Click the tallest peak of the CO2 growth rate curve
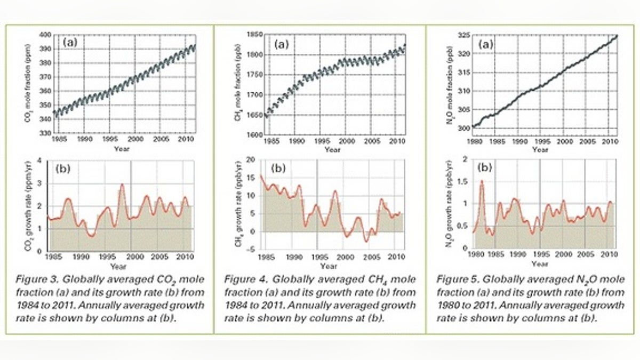tap(122, 185)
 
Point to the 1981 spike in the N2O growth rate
tap(482, 181)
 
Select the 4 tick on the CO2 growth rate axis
tap(41, 161)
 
